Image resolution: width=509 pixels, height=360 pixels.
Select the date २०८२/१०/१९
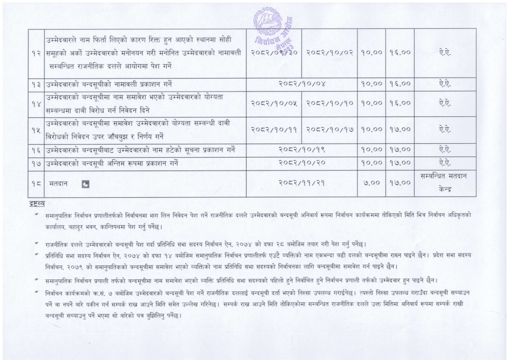coord(303,149)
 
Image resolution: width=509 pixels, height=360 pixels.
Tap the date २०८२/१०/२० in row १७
coord(303,163)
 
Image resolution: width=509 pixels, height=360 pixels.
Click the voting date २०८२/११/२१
coord(303,183)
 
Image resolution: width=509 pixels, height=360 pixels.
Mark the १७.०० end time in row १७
coord(400,163)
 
